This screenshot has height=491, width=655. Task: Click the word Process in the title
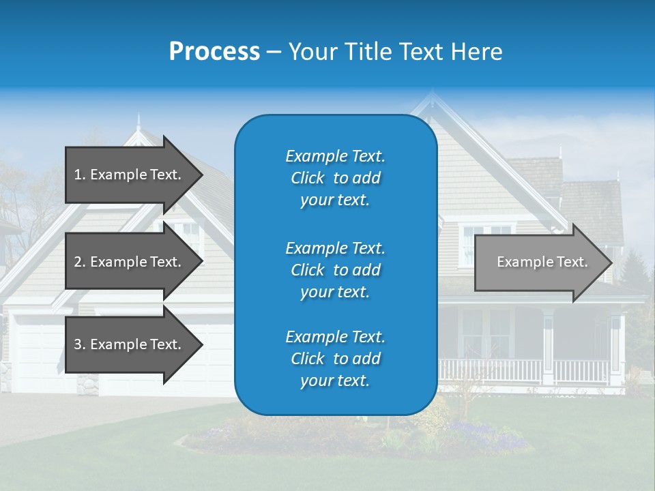(x=214, y=52)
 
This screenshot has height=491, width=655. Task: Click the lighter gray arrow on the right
(x=539, y=263)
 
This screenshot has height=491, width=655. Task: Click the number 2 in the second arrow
(x=78, y=262)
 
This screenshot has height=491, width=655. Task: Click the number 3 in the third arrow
(x=78, y=344)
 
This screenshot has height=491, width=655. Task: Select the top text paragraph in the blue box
(x=335, y=178)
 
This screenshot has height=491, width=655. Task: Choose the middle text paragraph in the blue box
(x=335, y=269)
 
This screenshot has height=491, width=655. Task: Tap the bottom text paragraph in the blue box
(x=335, y=359)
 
